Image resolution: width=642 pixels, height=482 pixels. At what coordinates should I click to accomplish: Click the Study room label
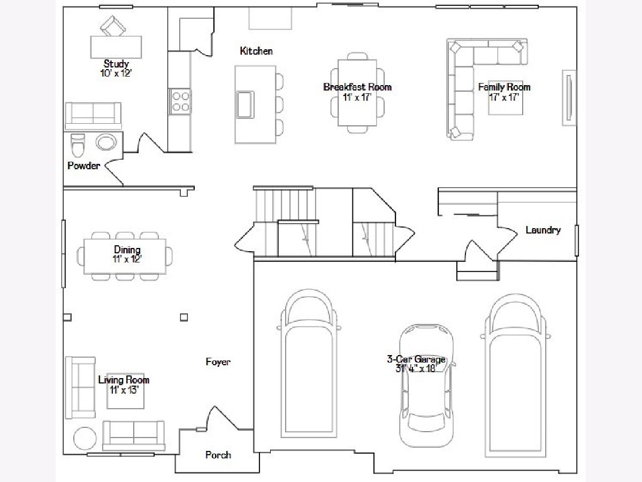pos(116,64)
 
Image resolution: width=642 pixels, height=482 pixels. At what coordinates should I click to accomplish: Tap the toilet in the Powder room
pos(78,145)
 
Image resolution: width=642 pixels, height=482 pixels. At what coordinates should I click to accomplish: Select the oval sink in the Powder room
pos(106,142)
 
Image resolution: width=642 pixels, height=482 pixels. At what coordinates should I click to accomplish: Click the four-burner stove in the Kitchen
pos(180,101)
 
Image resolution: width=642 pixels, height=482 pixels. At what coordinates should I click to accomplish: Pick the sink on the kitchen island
pos(245,104)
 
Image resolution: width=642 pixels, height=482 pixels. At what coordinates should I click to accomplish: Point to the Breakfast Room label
pos(357,87)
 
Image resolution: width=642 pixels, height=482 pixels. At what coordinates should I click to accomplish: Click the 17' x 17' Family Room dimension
pos(504,97)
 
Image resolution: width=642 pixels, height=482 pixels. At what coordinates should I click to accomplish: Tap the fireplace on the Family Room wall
pos(569,98)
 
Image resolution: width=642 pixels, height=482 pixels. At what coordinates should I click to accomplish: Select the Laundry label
pos(543,230)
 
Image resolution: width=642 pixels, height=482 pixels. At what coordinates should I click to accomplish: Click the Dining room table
pos(125,257)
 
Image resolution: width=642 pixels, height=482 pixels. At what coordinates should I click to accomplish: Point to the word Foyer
pos(218,361)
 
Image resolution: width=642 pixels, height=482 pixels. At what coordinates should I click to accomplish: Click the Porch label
pos(218,455)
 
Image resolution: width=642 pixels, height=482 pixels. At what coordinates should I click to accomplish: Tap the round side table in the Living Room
pos(85,439)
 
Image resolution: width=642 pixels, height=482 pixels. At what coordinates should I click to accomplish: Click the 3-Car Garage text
pos(416,359)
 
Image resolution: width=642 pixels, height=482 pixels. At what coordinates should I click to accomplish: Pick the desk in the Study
pos(116,47)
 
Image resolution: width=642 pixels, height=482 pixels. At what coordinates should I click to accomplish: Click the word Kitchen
pos(256,51)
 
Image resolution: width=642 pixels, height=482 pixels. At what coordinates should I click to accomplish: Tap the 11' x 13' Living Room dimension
pos(124,390)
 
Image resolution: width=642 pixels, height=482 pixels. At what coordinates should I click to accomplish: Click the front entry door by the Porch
pos(222,418)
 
